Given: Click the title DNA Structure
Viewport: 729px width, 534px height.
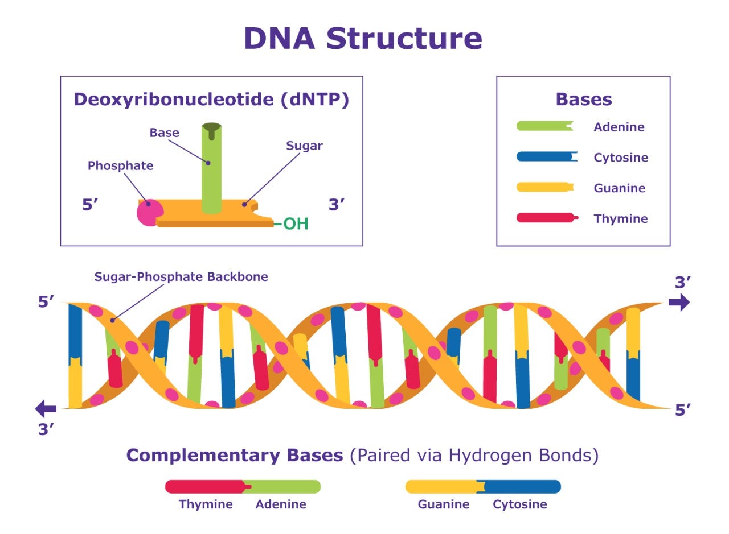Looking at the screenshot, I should tap(363, 39).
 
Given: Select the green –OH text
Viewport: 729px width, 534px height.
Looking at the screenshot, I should tap(292, 223).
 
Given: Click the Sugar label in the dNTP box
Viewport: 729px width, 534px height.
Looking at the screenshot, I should tap(304, 146).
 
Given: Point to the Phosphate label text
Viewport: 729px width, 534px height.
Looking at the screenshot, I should tap(120, 165).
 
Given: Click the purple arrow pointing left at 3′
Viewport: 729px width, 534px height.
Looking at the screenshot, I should tap(46, 408).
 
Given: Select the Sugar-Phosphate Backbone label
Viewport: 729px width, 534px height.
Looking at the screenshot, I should tap(181, 277).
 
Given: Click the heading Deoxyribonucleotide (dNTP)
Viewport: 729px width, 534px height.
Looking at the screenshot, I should tap(211, 99).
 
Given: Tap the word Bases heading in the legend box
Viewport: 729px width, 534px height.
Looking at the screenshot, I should tap(584, 100).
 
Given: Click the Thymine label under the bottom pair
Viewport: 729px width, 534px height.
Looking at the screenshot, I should tap(206, 504).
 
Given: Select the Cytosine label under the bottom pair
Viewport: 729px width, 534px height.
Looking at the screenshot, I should tap(520, 504).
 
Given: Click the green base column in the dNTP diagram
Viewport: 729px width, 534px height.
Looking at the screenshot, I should tap(211, 171).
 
